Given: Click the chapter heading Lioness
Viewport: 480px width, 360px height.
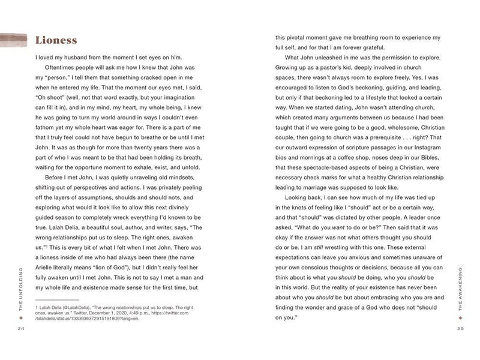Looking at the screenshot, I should point(56,40).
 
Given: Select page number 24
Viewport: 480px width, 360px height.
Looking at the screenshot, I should point(21,329).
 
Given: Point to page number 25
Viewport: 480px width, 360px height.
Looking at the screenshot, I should point(460,329).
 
